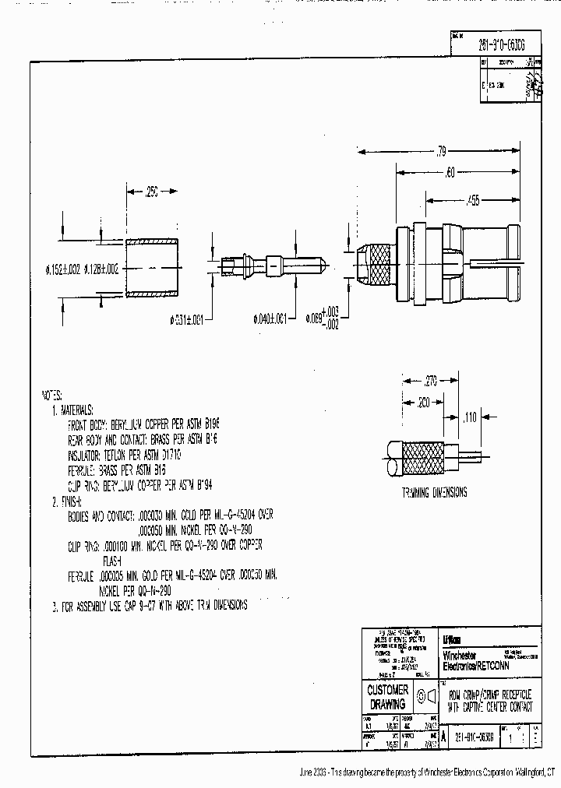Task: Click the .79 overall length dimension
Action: point(441,150)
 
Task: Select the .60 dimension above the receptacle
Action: point(450,173)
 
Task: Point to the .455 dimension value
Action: point(472,201)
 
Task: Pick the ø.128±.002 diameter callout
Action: point(101,269)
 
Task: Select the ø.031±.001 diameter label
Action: point(187,318)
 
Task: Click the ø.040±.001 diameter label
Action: point(270,318)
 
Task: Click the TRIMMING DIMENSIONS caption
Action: point(435,492)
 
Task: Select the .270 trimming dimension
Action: point(430,382)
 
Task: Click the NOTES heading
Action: point(51,395)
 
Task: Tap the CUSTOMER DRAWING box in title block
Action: point(387,697)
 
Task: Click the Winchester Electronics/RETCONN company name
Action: point(475,662)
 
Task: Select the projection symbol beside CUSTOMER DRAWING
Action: point(425,695)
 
